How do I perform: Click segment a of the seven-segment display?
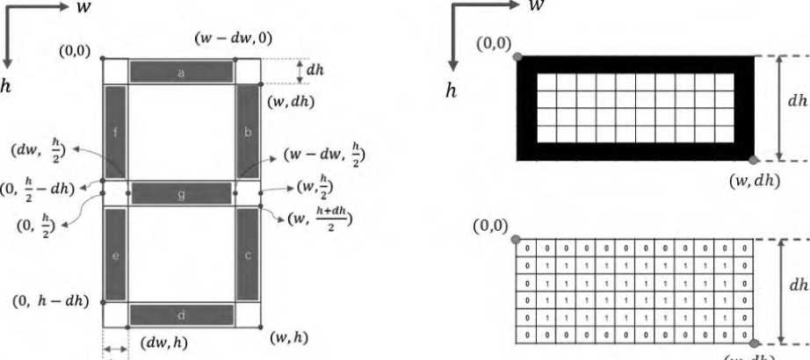tap(182, 72)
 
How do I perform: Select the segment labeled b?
tap(248, 132)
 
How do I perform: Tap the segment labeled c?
tap(248, 255)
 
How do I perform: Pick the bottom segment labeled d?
tap(182, 314)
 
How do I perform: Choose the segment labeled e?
tap(116, 255)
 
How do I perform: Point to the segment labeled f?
tap(116, 132)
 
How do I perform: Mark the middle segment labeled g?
tap(182, 193)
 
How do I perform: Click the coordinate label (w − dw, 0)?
tap(232, 40)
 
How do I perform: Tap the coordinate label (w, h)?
tap(288, 338)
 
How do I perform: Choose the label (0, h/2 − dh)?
tap(38, 188)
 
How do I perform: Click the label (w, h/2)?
tap(317, 186)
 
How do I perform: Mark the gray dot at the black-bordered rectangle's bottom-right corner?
tap(752, 160)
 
